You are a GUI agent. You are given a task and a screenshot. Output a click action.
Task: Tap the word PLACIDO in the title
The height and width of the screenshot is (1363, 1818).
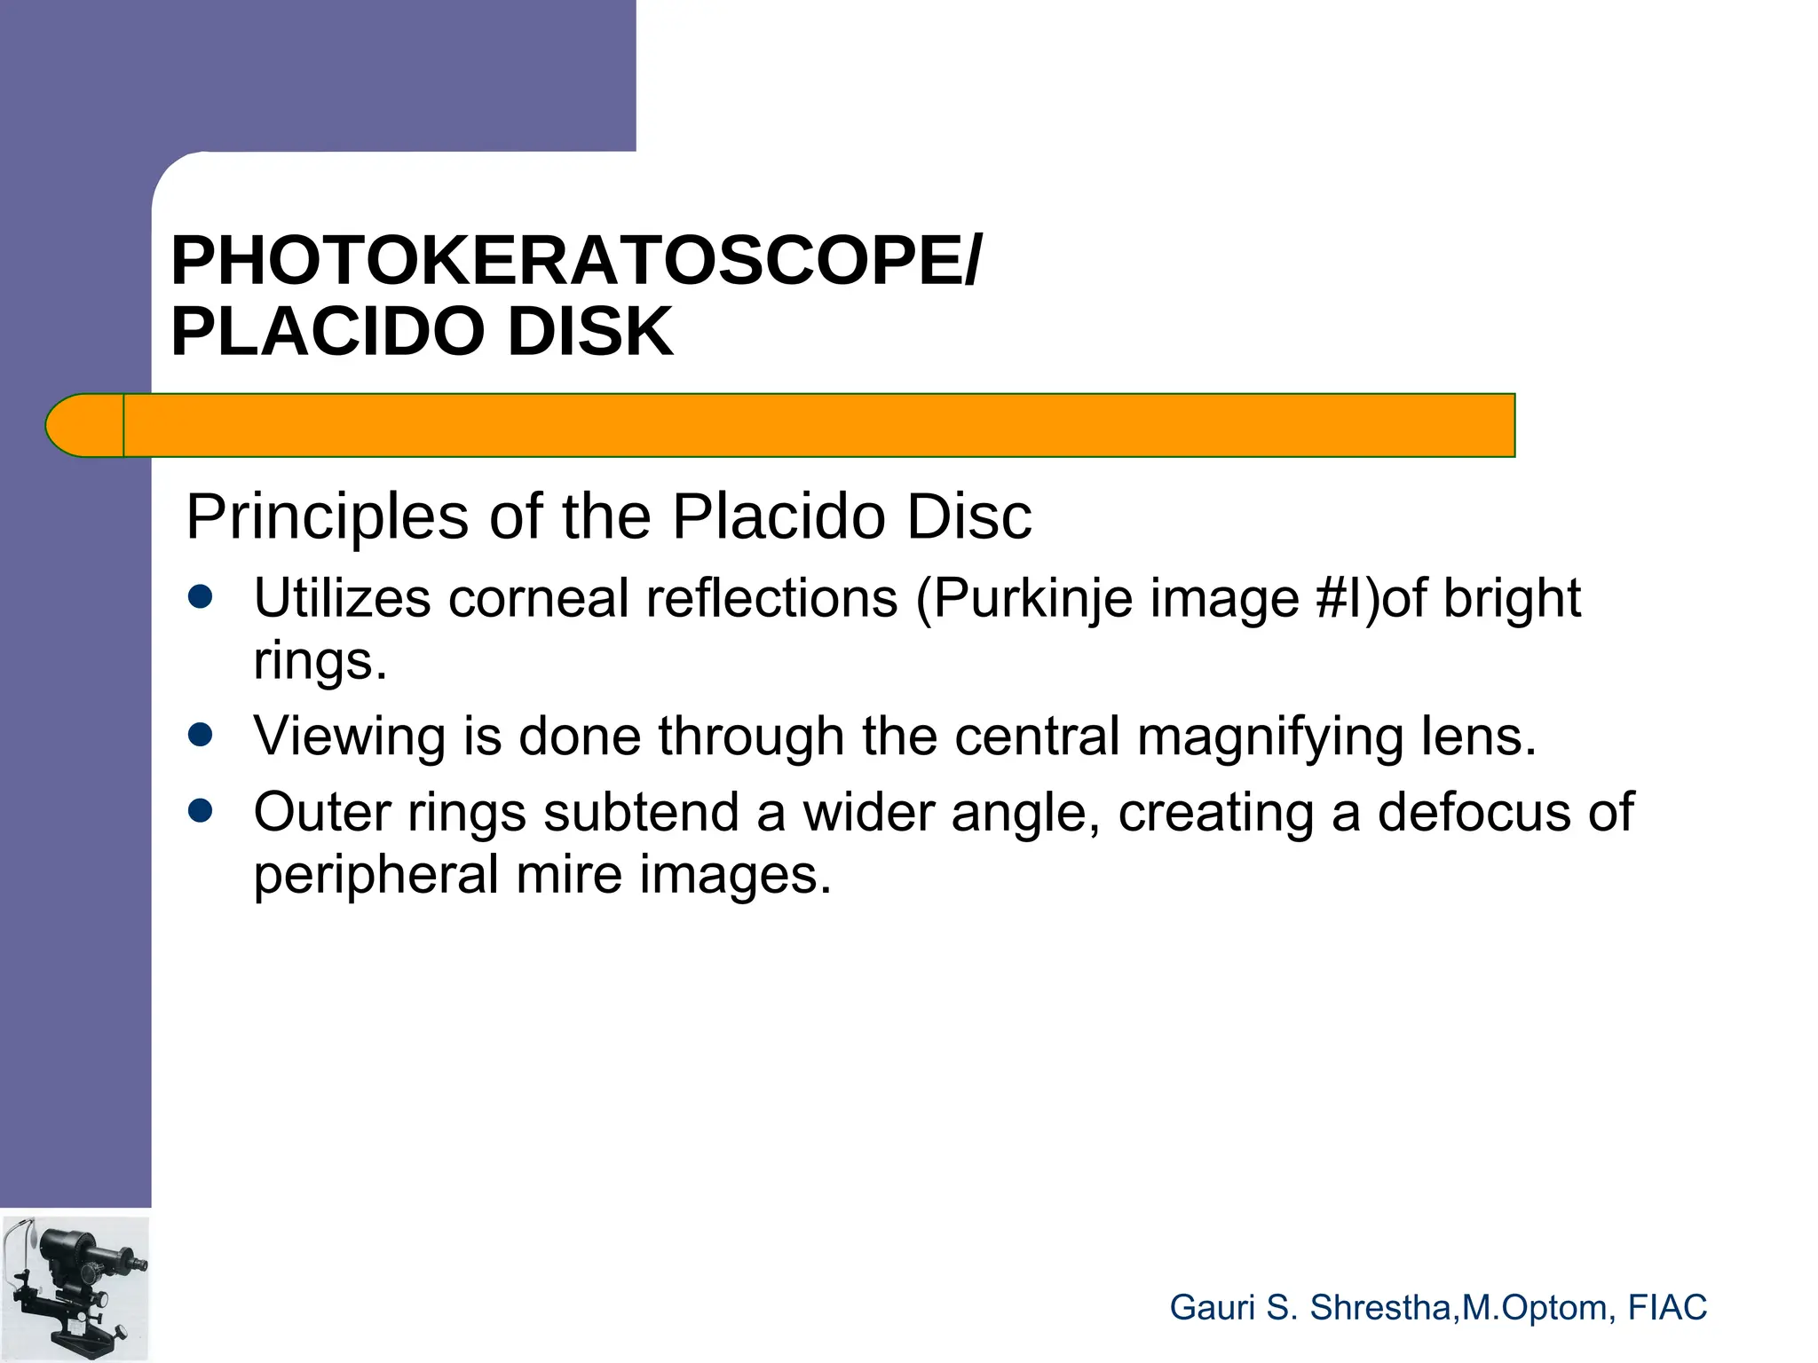pos(328,331)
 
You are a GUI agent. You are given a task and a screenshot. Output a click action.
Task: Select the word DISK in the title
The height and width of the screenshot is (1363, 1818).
pos(590,331)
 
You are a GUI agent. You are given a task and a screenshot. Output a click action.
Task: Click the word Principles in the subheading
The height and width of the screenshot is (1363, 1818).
pos(327,516)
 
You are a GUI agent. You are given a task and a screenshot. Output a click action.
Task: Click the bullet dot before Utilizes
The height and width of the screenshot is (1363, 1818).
pos(201,597)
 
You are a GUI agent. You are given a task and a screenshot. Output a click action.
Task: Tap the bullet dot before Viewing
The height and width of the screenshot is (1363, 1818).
pos(201,735)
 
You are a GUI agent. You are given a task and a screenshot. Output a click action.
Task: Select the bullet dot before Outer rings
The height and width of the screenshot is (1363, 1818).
pos(201,811)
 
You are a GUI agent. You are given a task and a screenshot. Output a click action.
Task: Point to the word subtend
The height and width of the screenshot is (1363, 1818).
pos(640,812)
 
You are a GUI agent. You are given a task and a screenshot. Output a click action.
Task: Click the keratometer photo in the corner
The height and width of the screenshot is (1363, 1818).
pos(75,1288)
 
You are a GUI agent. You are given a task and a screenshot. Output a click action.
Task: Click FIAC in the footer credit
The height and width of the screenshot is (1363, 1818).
pos(1667,1308)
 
